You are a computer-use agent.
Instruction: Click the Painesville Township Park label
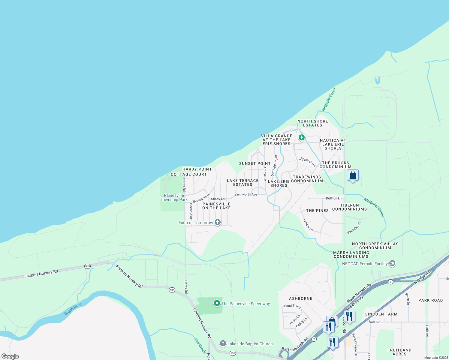pos(174,197)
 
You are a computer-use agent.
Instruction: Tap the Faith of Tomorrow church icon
pos(218,222)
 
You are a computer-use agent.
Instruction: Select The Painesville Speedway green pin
pos(217,303)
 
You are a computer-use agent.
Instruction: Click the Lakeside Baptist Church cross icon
pos(223,343)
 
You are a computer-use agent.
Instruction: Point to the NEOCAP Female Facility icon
pos(392,263)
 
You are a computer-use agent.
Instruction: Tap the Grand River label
pos(73,309)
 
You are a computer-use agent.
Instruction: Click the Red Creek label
pos(200,346)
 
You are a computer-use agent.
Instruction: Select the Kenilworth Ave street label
pos(246,194)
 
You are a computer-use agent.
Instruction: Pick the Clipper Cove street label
pos(307,162)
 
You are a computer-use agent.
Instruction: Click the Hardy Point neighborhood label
pos(197,169)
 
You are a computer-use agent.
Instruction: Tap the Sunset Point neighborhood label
pos(255,163)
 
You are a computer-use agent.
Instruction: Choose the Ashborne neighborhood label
pos(300,298)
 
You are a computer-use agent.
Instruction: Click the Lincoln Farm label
pos(381,314)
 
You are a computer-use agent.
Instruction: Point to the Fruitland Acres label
pos(399,352)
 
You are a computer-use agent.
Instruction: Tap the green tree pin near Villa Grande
pos(302,138)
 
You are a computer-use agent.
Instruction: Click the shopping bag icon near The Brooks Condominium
pos(353,175)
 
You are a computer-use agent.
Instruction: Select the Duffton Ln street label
pos(334,198)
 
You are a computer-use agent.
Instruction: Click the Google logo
pos(10,356)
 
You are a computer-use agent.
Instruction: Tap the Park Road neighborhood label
pos(430,300)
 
